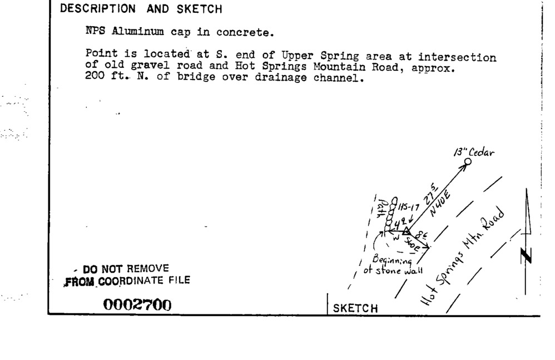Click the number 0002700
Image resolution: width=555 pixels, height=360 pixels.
pos(136,305)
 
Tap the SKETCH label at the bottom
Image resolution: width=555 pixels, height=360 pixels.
pos(355,308)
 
